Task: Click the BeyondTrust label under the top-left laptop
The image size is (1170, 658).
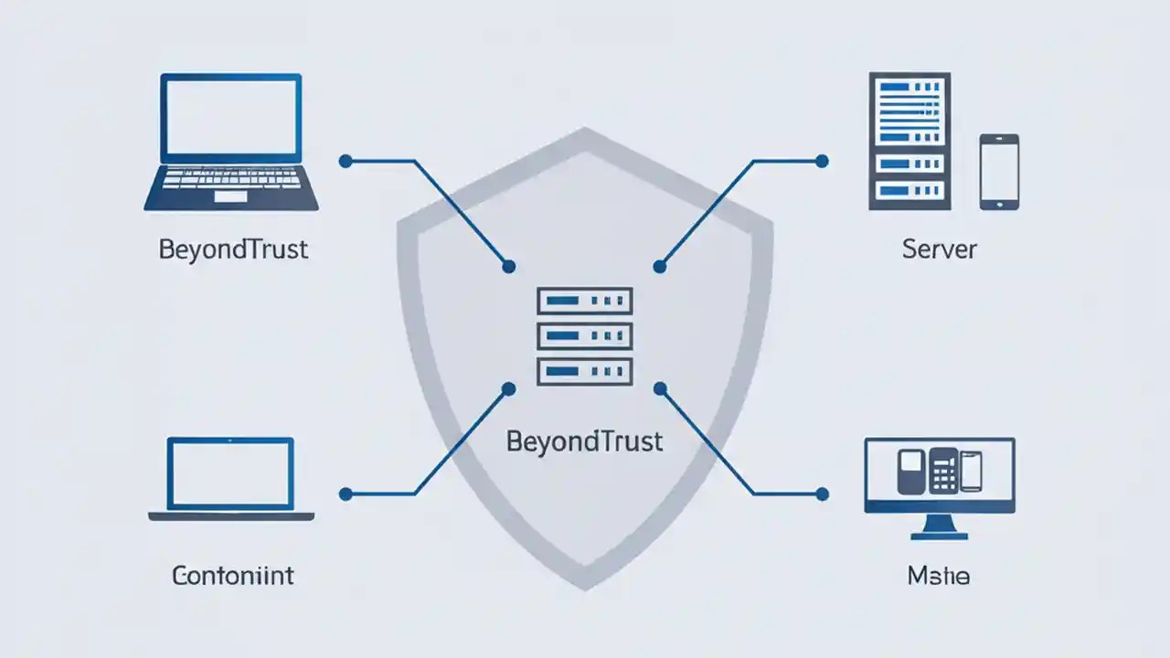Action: (x=233, y=249)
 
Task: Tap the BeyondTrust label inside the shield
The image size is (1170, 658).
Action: (x=584, y=442)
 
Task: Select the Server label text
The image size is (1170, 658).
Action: (x=939, y=249)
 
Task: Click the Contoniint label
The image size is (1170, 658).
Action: (x=233, y=576)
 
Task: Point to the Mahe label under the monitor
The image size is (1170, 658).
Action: (x=939, y=577)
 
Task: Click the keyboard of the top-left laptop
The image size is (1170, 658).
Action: (x=231, y=182)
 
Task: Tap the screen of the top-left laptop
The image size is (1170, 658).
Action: (x=230, y=117)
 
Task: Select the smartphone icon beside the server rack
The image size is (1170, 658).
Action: (x=999, y=172)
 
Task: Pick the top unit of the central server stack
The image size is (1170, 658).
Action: (x=584, y=301)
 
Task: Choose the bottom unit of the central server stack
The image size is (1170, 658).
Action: (x=584, y=370)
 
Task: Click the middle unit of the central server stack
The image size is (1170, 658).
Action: (x=584, y=335)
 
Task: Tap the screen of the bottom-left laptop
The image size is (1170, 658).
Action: (x=230, y=473)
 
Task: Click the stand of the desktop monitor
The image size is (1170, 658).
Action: (x=939, y=527)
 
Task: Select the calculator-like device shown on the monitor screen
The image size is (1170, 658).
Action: (x=942, y=472)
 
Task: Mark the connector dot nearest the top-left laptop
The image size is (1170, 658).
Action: (x=345, y=161)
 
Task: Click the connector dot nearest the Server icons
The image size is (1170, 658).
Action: (x=822, y=161)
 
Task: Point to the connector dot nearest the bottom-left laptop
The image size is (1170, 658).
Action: (x=345, y=494)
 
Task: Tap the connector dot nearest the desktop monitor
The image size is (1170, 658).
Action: (x=822, y=494)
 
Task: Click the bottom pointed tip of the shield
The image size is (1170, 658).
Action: (x=584, y=585)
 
